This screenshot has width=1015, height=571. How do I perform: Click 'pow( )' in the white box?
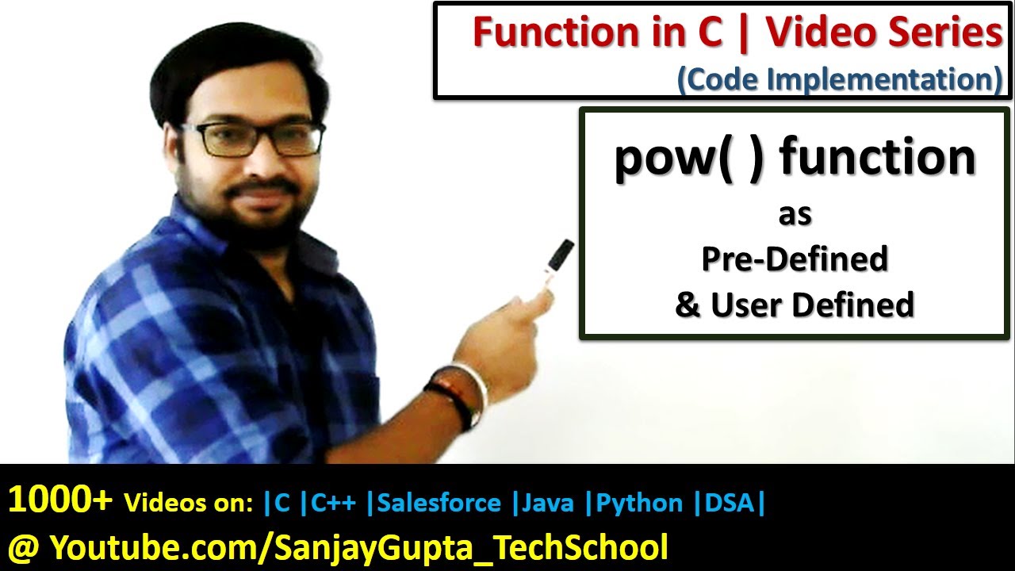689,158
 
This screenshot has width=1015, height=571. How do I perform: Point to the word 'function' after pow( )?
878,156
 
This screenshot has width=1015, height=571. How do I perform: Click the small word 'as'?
795,214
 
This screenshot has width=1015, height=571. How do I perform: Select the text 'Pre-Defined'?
795,259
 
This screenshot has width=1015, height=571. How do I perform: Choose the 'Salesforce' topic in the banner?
439,503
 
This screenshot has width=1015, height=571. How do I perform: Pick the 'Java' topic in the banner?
547,503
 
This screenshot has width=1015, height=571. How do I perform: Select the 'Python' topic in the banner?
639,503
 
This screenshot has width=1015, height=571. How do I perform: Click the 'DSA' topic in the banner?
730,503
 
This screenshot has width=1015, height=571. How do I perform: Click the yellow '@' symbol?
24,547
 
